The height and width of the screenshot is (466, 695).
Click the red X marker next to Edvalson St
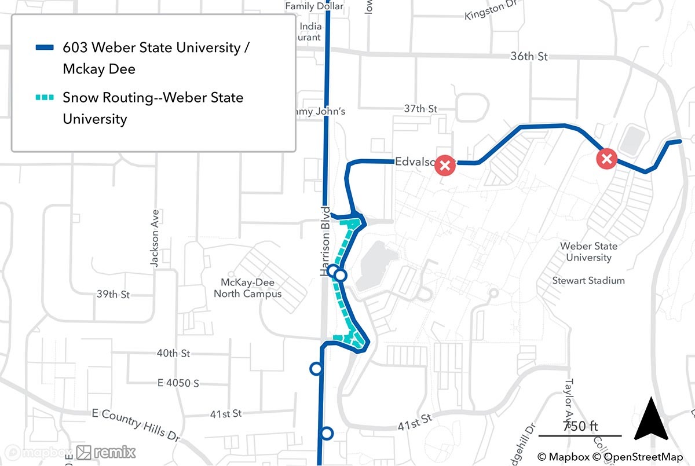[x=445, y=165]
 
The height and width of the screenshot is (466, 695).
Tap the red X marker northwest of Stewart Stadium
[x=606, y=159]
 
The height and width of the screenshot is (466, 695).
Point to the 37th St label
[x=420, y=109]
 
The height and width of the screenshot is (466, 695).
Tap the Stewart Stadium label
[x=588, y=281]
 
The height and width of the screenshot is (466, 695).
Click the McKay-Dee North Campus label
[x=247, y=288]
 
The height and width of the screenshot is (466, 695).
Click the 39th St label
[x=113, y=294]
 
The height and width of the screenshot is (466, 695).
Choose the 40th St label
[x=173, y=353]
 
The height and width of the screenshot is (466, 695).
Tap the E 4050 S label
[x=178, y=383]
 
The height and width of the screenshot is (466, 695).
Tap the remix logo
[x=107, y=452]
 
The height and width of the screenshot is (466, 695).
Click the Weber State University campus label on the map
[x=588, y=252]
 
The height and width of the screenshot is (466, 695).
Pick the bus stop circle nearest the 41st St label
[x=327, y=433]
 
